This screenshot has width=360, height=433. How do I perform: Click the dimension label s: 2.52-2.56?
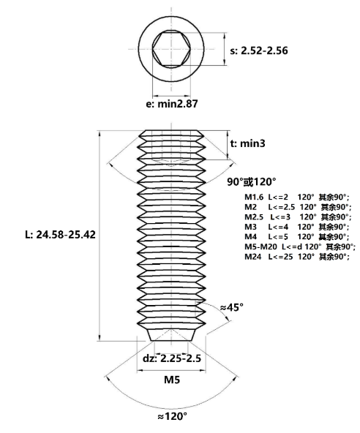coord(259,50)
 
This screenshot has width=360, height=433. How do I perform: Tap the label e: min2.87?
coord(172,104)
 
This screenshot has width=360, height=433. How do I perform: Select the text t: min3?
coord(247,143)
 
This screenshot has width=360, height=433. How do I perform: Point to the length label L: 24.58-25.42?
coord(60,235)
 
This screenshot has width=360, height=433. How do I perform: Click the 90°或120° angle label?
coord(252,181)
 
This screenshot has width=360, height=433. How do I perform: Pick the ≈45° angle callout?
coord(231,307)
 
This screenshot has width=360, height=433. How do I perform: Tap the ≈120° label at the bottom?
coord(172,416)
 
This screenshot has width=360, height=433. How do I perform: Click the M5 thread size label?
coord(172,380)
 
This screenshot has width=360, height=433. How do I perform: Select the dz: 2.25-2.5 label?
coord(172,358)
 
